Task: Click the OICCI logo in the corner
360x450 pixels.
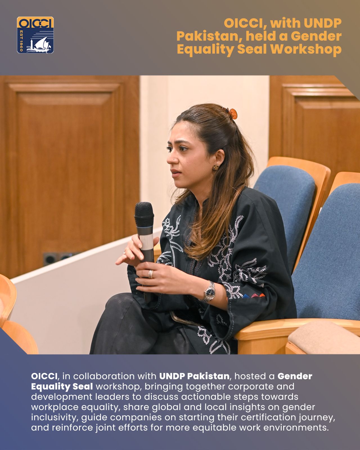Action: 35,35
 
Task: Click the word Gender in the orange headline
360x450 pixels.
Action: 316,36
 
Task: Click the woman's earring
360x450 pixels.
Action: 216,167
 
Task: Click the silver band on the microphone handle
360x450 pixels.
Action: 147,242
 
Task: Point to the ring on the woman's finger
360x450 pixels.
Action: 150,274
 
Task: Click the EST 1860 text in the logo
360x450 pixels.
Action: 21,41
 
